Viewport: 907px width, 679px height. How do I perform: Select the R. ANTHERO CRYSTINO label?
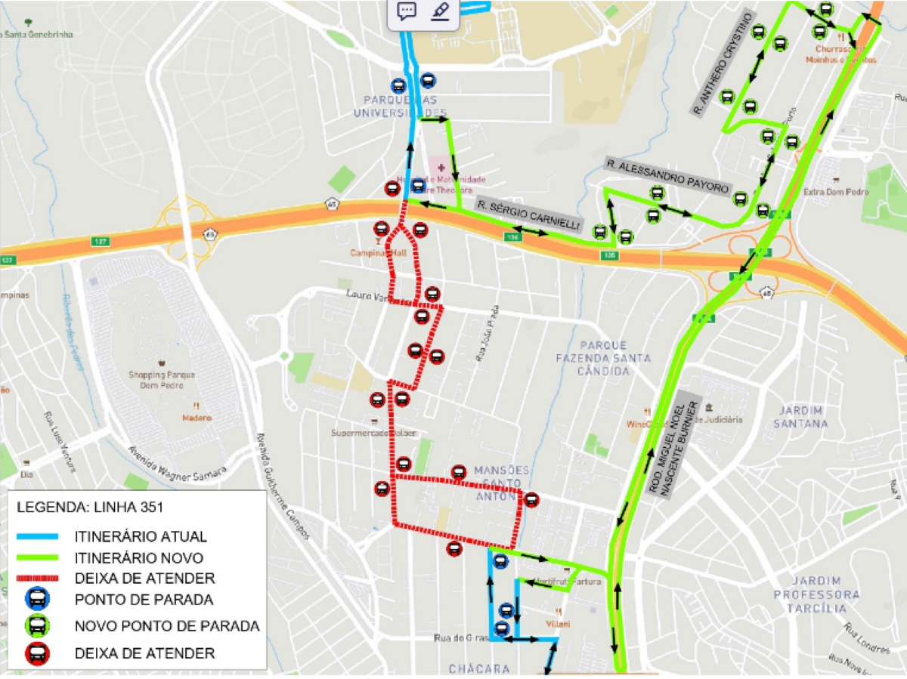pos(724,63)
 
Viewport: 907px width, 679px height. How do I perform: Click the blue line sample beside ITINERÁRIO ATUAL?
pos(37,537)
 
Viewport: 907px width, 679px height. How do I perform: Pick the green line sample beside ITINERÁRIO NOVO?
pos(37,558)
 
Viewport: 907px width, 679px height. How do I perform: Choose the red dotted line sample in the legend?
pos(37,579)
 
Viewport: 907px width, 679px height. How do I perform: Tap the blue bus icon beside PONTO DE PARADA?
pos(37,600)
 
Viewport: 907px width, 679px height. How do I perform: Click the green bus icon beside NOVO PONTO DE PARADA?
pos(37,626)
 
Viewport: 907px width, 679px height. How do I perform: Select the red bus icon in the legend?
pos(37,653)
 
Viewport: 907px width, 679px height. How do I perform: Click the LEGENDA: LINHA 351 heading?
pos(90,507)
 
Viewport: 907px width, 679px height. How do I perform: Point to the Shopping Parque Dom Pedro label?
pos(162,379)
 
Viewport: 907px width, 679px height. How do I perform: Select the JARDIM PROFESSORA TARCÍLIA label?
pos(816,594)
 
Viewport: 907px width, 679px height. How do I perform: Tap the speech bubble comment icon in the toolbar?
pos(407,11)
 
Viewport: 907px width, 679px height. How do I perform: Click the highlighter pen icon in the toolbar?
pos(440,11)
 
